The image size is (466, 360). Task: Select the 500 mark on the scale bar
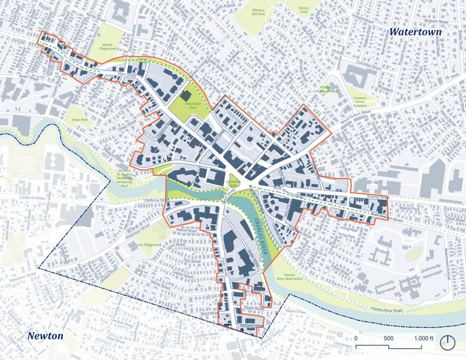389,338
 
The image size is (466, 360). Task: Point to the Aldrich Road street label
187,230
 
